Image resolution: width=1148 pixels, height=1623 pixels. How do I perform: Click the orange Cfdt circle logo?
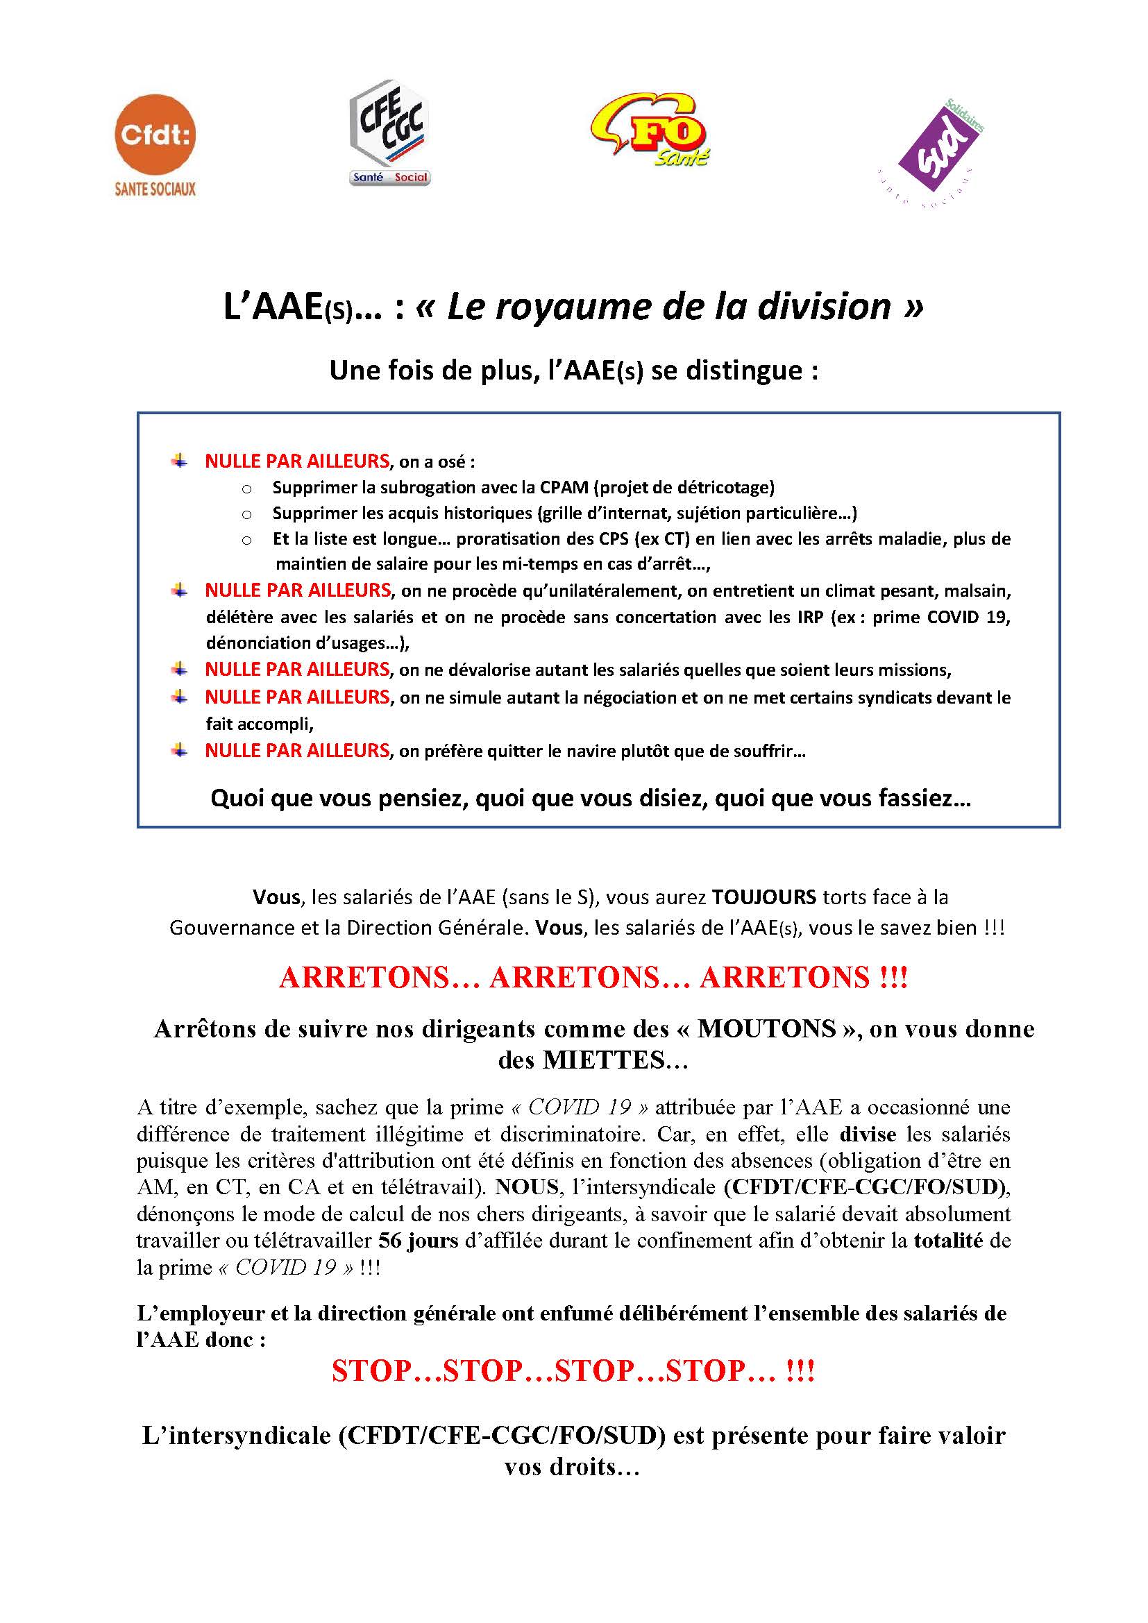[155, 136]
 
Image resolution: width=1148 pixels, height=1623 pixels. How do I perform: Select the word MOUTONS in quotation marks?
[766, 1028]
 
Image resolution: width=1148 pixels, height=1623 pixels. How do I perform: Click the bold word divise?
[868, 1135]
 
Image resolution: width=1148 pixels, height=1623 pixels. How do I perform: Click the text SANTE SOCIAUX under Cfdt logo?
[155, 189]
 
